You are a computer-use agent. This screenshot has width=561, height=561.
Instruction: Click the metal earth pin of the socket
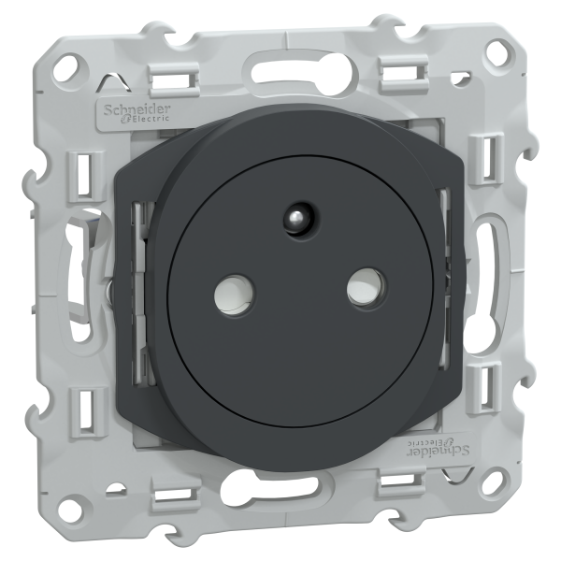pos(301,218)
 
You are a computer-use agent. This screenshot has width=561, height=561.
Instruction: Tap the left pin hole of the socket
pos(234,295)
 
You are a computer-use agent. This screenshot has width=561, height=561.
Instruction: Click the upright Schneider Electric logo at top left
pos(137,113)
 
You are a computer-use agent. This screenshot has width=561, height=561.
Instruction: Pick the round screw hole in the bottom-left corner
pos(72,508)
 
